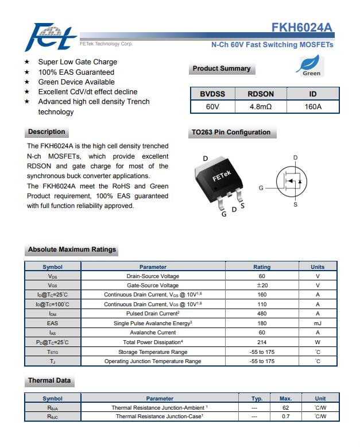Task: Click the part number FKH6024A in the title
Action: [x=302, y=28]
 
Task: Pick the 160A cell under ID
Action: [x=313, y=107]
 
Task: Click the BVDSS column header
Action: [x=212, y=94]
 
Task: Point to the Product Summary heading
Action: [x=222, y=69]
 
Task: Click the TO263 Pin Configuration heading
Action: [x=230, y=133]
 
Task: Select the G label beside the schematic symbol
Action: [x=261, y=188]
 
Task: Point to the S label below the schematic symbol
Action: [x=296, y=205]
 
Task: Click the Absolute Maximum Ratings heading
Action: [x=72, y=250]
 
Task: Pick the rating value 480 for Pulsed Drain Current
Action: [x=262, y=314]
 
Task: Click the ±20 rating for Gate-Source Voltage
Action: [x=262, y=285]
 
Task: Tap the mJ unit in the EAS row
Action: [x=318, y=323]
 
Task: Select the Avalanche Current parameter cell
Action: [x=153, y=333]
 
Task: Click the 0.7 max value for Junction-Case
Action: [x=285, y=417]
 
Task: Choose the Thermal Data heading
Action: [x=49, y=381]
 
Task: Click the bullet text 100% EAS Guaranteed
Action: [x=76, y=72]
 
